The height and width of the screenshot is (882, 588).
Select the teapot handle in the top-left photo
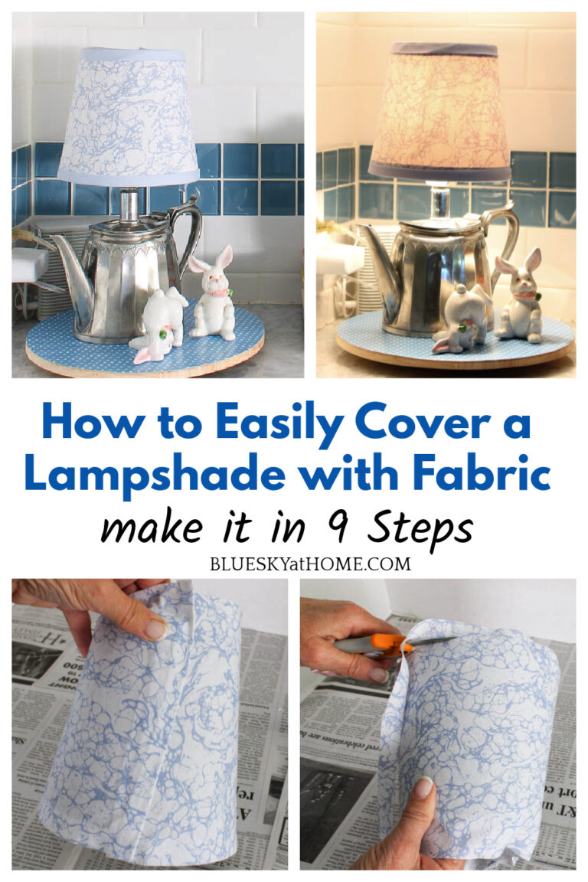point(188,230)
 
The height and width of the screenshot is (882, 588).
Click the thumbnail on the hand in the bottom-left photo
point(156,629)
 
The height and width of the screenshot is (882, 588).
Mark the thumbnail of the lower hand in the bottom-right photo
point(423,789)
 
